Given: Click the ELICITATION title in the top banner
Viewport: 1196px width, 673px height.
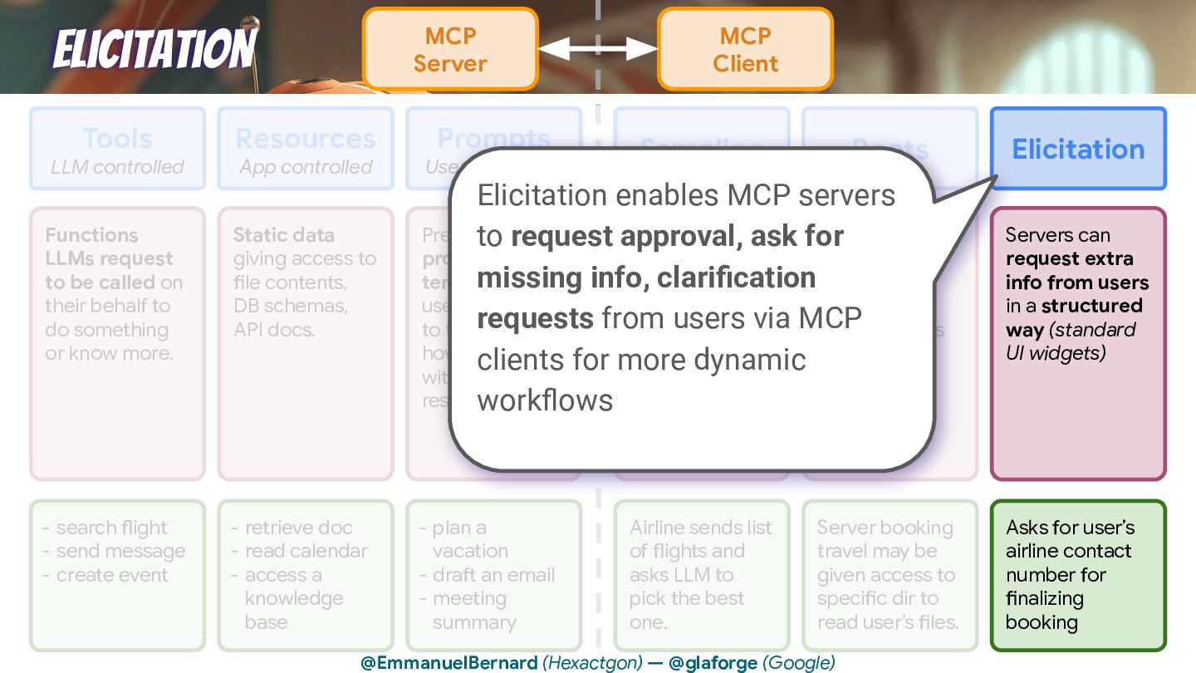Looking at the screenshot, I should point(154,49).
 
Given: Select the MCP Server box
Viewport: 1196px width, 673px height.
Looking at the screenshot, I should point(450,49).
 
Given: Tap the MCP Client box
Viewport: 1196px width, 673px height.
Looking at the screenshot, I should point(745,49).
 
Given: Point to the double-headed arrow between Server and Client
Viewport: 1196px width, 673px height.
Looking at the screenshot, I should point(598,49).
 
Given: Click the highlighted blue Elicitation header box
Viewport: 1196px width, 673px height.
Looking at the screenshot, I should point(1078,149).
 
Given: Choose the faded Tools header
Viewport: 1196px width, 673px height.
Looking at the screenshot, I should point(117,138).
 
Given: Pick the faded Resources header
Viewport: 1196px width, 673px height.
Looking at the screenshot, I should point(306,138).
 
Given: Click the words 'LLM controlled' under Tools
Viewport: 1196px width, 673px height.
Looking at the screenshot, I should point(117,167).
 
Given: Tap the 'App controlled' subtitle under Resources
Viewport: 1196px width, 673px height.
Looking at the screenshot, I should point(306,167).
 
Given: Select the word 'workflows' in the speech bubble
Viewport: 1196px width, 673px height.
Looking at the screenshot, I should point(545,400).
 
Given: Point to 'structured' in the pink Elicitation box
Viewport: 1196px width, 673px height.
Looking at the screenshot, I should point(1091,306).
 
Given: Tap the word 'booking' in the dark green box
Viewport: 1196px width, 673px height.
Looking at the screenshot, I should point(1042,622).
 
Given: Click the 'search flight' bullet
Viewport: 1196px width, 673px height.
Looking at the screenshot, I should point(111,528).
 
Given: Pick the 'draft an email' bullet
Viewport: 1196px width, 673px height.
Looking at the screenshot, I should point(493,575).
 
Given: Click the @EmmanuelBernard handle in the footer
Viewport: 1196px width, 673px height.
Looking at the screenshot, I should point(449,662).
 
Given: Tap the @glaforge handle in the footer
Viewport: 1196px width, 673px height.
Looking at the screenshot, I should point(713,662).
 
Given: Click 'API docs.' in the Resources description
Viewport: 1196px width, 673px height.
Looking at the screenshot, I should point(274,330).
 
